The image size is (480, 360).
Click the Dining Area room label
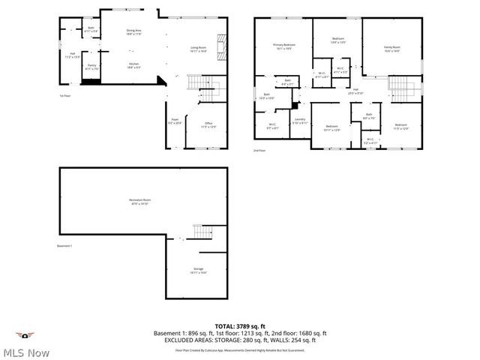tap(135, 31)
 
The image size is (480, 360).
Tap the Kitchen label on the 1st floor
tap(134, 65)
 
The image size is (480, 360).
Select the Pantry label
tap(91, 67)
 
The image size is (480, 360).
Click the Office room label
tap(208, 124)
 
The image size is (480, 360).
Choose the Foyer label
tap(175, 121)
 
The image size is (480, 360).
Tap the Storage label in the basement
tap(199, 270)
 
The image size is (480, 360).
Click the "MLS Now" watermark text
tap(25, 352)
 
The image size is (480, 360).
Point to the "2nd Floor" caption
tap(260, 150)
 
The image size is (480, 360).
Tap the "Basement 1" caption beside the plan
tap(66, 246)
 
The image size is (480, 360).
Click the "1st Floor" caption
tap(66, 96)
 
